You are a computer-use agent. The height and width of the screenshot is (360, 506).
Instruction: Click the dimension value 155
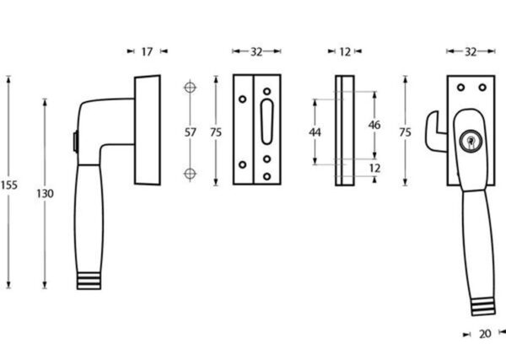[x=8, y=185]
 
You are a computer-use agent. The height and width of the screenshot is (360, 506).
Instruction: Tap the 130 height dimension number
[x=45, y=194]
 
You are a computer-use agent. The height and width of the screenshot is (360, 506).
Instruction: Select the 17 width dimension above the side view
[x=147, y=51]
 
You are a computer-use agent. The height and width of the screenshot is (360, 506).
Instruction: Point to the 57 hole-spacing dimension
[x=190, y=132]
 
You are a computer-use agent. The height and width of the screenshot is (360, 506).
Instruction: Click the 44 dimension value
[x=315, y=132]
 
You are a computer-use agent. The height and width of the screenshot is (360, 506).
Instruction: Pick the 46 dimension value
[x=374, y=125]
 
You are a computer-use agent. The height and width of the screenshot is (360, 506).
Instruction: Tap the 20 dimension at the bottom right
[x=485, y=334]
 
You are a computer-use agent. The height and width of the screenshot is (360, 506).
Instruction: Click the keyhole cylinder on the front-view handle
[x=471, y=141]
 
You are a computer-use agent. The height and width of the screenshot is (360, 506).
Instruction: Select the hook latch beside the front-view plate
[x=435, y=132]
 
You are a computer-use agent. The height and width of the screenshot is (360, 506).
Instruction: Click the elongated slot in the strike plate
[x=266, y=121]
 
